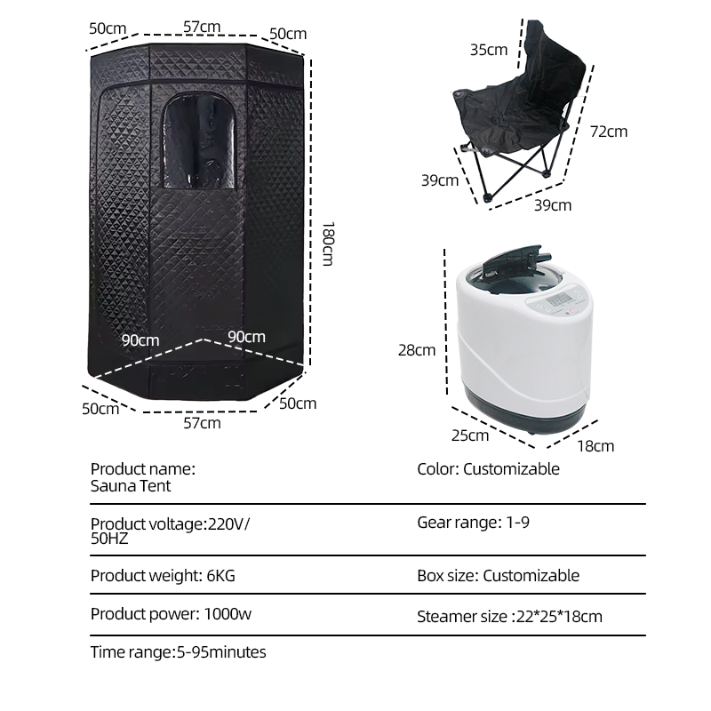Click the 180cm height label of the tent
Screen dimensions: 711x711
click(328, 244)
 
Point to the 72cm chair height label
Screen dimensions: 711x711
click(609, 132)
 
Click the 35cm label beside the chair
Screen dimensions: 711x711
click(488, 50)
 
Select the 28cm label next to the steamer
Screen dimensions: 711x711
click(417, 350)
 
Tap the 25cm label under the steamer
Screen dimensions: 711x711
click(470, 435)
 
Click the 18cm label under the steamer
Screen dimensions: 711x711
click(595, 446)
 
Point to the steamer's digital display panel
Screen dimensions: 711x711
click(559, 300)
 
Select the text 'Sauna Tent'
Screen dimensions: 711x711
click(131, 486)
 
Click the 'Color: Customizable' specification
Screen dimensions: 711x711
click(488, 469)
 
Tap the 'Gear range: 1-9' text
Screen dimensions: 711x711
click(474, 523)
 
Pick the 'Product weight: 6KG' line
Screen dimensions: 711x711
click(163, 576)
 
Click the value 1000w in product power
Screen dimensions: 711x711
click(228, 614)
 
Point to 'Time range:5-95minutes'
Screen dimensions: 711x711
click(179, 652)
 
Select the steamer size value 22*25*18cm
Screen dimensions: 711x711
click(559, 617)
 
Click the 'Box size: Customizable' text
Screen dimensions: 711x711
click(499, 576)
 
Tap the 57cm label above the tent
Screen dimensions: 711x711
click(202, 27)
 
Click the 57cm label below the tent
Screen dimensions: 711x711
click(203, 423)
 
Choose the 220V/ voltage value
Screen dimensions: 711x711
click(228, 524)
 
